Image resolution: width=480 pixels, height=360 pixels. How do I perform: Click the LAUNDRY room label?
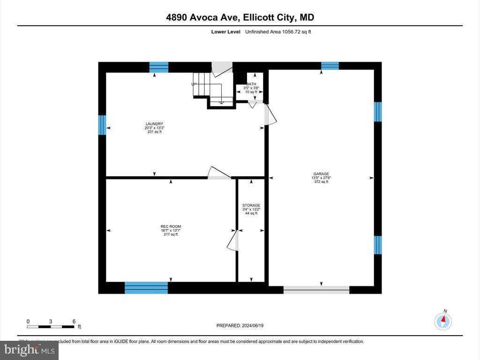click(154, 124)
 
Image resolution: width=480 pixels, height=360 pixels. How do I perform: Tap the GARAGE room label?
click(321, 173)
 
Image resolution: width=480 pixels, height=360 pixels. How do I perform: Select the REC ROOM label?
click(171, 226)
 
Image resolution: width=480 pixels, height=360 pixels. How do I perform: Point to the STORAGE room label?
click(251, 205)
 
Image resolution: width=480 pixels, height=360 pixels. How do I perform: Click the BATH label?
click(251, 84)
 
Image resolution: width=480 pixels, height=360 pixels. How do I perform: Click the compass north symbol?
click(443, 321)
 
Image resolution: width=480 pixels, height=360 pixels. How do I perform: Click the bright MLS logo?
click(29, 350)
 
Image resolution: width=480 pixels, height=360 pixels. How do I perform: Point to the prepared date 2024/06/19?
click(243, 325)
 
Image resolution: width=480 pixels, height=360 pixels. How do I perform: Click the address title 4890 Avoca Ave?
click(240, 17)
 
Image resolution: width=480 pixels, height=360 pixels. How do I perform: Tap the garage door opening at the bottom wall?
click(316, 289)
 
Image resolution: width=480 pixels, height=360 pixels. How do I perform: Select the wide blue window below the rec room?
click(146, 287)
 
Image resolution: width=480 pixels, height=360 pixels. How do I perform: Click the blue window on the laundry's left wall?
click(101, 125)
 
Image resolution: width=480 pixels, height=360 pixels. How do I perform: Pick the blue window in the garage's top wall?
click(330, 66)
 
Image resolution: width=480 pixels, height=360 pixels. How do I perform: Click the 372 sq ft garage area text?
click(321, 182)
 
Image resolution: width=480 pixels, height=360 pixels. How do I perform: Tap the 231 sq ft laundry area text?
click(154, 132)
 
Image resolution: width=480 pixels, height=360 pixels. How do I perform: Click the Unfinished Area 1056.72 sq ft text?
click(278, 32)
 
